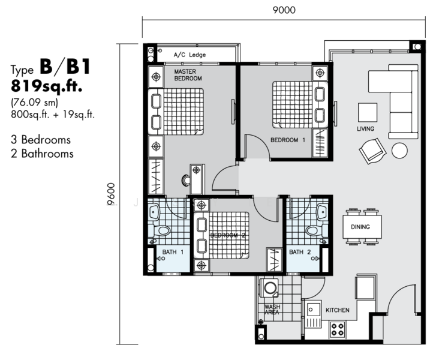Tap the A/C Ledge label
pyautogui.click(x=190, y=55)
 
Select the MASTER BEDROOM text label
pyautogui.click(x=188, y=75)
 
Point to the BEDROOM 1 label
pyautogui.click(x=288, y=140)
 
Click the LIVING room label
pyautogui.click(x=365, y=129)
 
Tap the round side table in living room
pyautogui.click(x=399, y=150)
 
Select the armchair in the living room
pyautogui.click(x=372, y=150)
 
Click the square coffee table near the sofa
pyautogui.click(x=367, y=112)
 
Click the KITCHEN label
pyautogui.click(x=337, y=310)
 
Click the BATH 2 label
pyautogui.click(x=299, y=252)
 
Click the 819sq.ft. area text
pyautogui.click(x=46, y=86)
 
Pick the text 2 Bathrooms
pyautogui.click(x=42, y=154)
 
